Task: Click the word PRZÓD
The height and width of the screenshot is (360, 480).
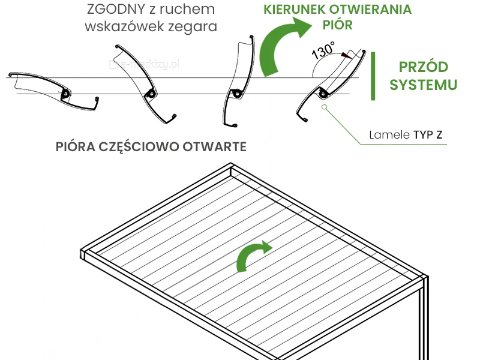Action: pyautogui.click(x=424, y=67)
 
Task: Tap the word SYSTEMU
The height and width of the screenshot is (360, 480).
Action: pyautogui.click(x=424, y=85)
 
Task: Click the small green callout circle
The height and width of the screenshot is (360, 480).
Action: pyautogui.click(x=325, y=108)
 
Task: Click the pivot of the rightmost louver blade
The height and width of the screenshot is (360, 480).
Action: pyautogui.click(x=323, y=94)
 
